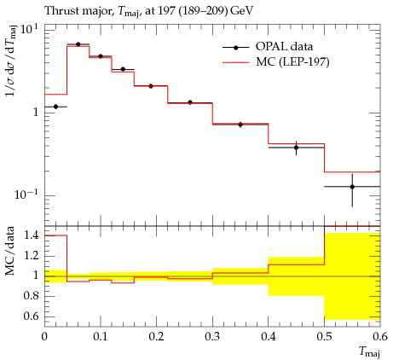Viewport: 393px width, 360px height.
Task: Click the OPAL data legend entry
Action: [267, 47]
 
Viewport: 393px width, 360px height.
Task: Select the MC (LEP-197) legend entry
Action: [275, 62]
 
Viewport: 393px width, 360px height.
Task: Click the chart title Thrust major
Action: [78, 11]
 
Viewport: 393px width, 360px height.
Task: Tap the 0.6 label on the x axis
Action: [380, 336]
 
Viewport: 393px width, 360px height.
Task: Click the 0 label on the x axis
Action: [44, 336]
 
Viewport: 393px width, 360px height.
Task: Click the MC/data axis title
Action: [10, 251]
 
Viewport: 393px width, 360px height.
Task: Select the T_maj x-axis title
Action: [369, 351]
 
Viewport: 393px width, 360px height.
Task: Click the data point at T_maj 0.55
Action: [352, 187]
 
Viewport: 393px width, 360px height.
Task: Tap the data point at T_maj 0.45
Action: [297, 148]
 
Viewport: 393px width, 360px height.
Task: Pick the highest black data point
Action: [78, 44]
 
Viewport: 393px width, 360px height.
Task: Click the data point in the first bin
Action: [55, 107]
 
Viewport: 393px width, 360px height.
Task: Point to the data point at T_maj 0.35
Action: [240, 125]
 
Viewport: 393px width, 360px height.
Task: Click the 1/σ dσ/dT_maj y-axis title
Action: [11, 65]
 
